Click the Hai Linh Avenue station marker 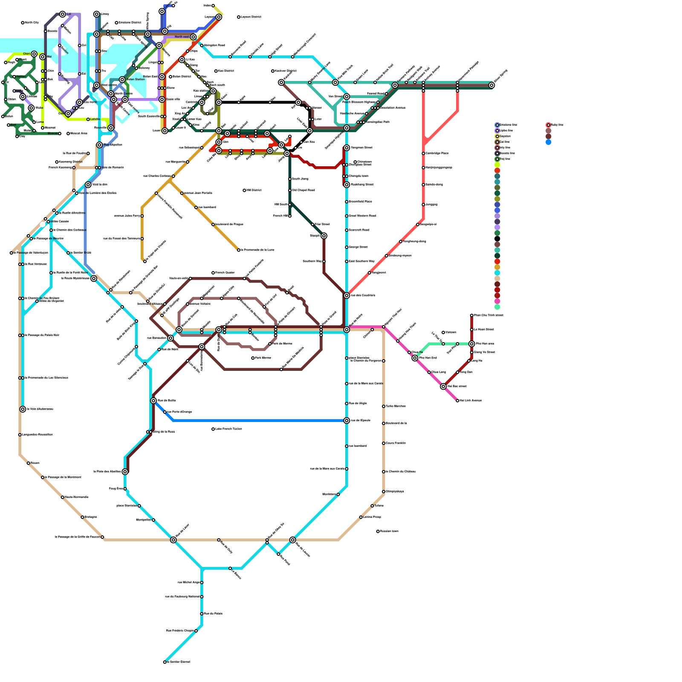point(457,401)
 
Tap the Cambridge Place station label point(437,153)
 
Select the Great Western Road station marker point(347,216)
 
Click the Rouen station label point(35,463)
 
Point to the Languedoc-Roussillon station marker point(20,435)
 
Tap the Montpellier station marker point(153,520)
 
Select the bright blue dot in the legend point(548,142)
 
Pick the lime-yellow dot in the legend point(497,165)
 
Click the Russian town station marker point(378,532)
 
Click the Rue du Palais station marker point(202,614)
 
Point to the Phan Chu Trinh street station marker point(472,315)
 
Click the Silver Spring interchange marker point(491,85)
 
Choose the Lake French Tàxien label point(229,429)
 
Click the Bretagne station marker point(82,517)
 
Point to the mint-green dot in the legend point(497,307)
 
